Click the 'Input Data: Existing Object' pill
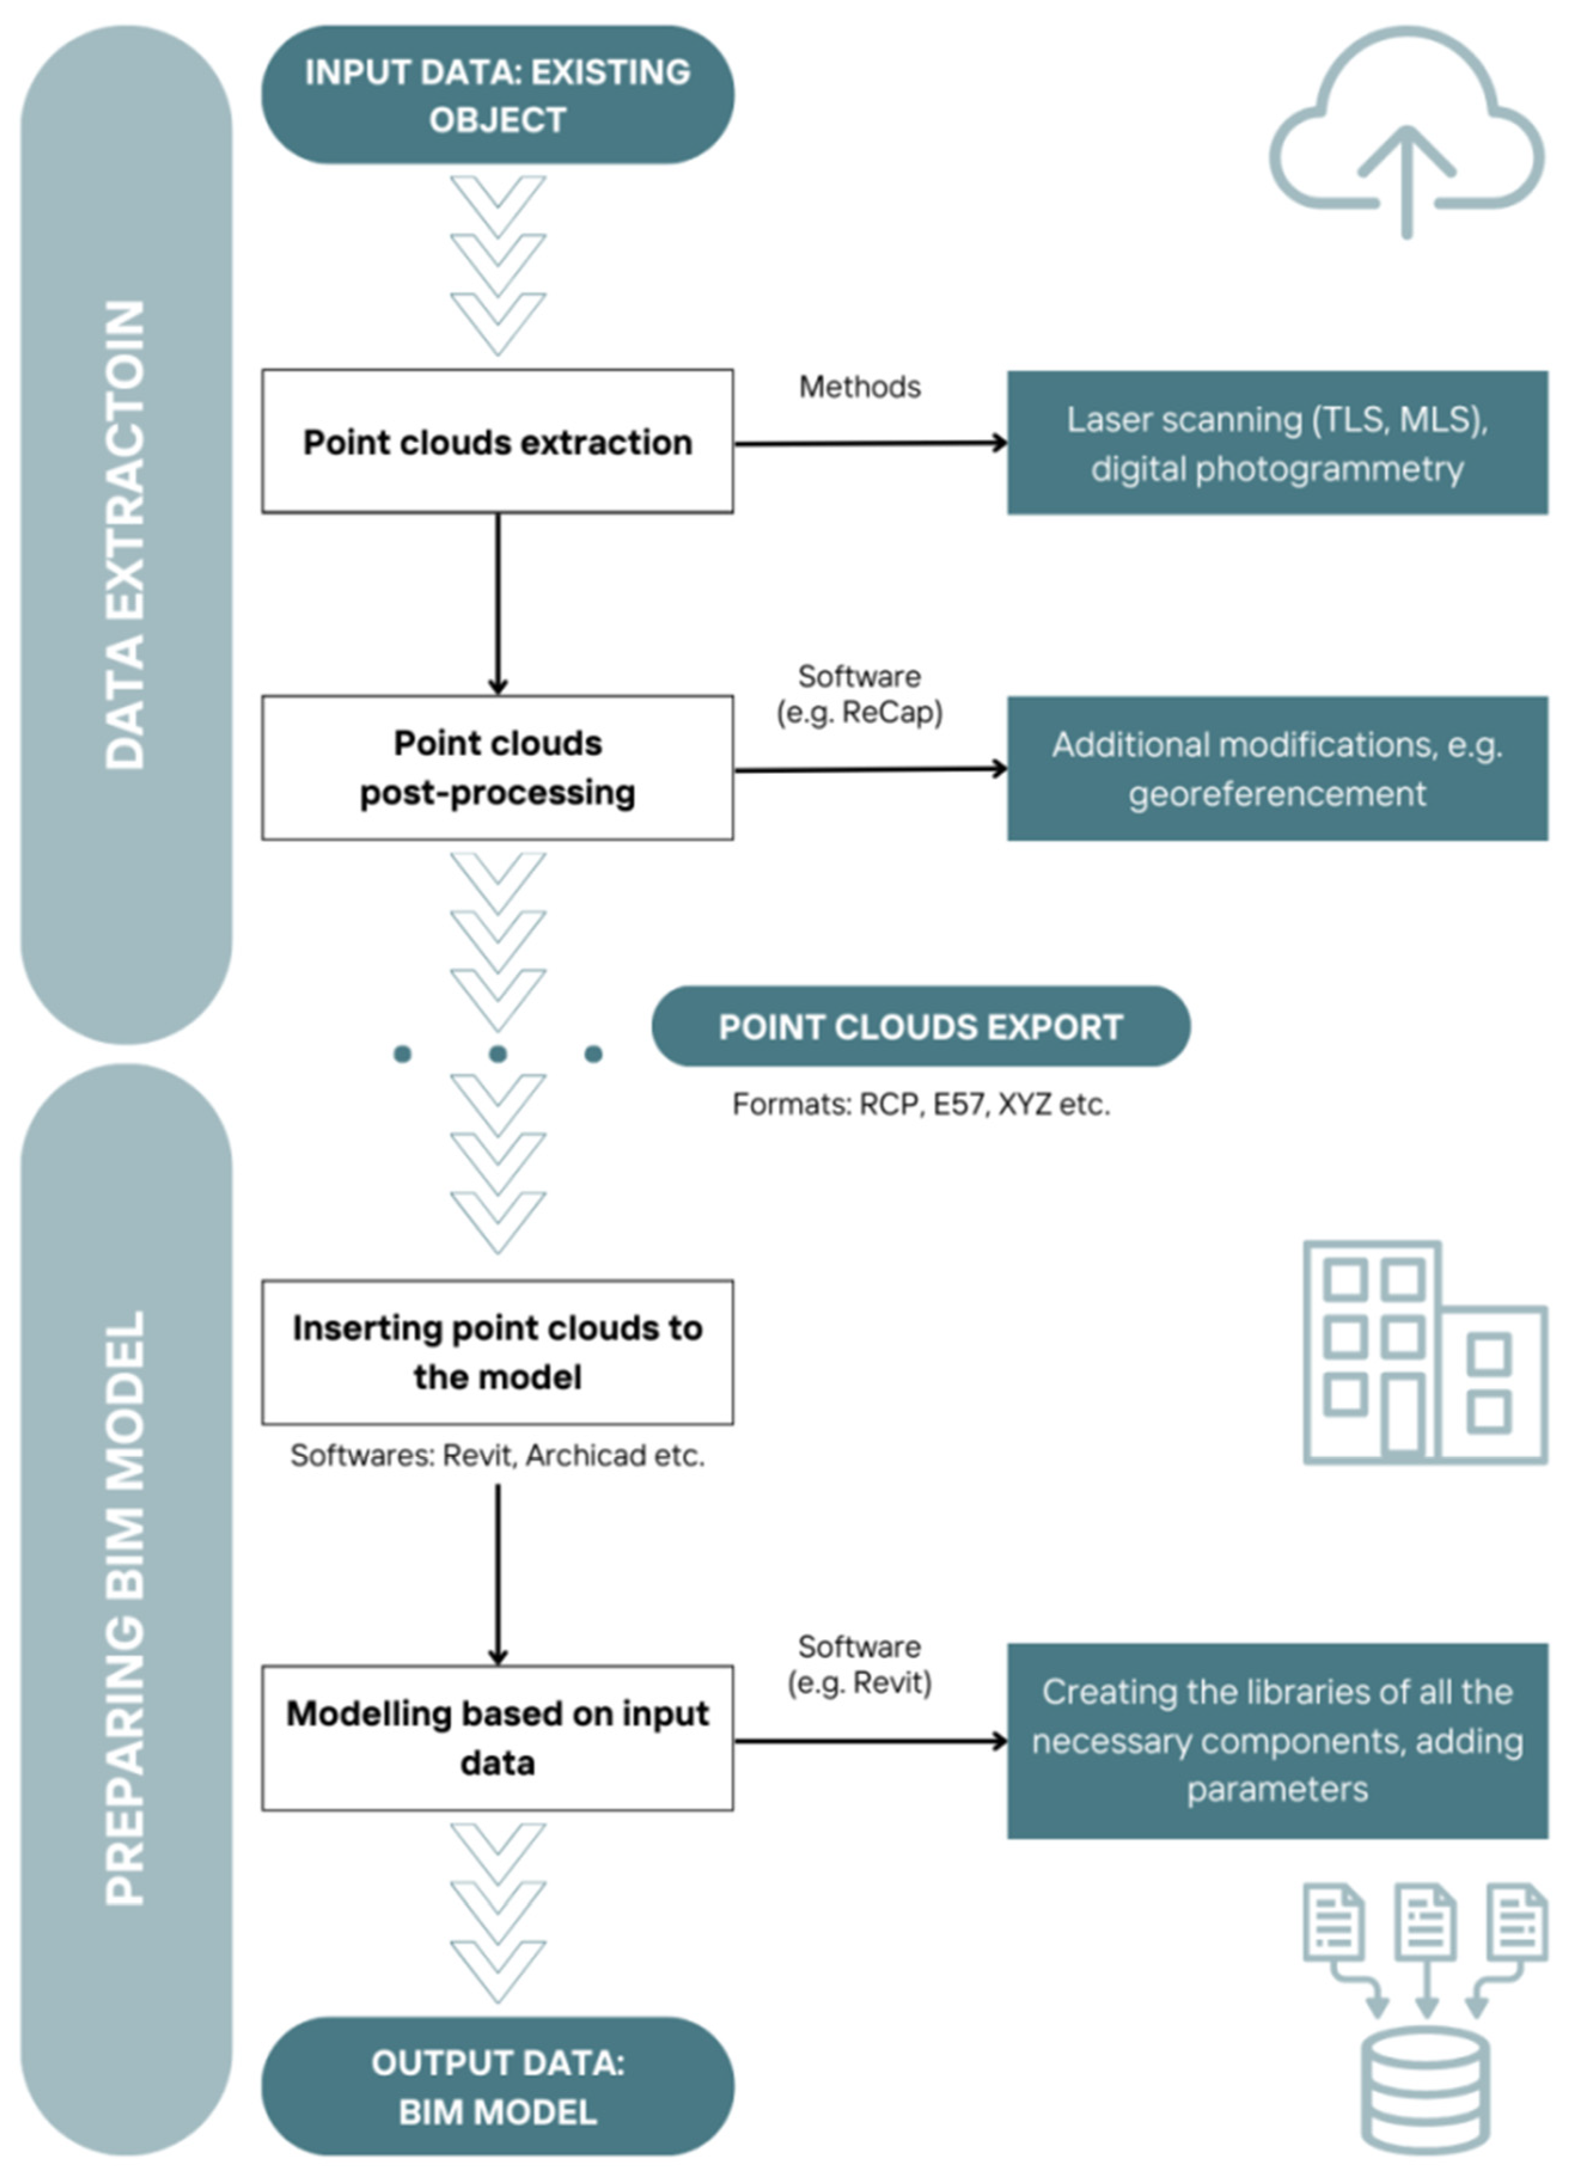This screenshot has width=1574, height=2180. click(x=497, y=95)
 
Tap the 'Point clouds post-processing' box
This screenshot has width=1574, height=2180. click(x=497, y=768)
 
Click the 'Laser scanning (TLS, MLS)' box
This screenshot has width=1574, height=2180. click(x=1277, y=443)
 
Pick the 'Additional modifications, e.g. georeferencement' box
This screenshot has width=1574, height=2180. click(x=1277, y=769)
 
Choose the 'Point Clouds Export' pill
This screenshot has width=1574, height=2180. click(x=920, y=1027)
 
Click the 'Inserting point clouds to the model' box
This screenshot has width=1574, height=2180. click(x=497, y=1352)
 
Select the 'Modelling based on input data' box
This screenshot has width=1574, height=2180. click(x=497, y=1738)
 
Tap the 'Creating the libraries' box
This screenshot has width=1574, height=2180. click(x=1277, y=1741)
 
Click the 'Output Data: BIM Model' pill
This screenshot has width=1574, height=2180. click(x=497, y=2087)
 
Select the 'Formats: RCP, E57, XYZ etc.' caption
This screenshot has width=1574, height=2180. click(x=920, y=1104)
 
